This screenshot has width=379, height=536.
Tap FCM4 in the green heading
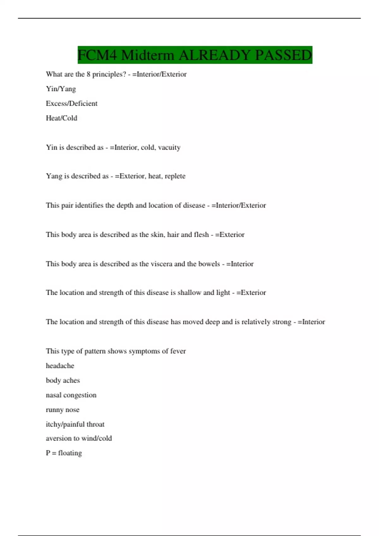coord(97,55)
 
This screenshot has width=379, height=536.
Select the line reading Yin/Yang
coord(61,89)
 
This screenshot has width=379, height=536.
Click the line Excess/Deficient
coord(72,103)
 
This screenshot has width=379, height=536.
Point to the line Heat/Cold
coord(62,118)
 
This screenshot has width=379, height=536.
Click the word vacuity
coord(169,148)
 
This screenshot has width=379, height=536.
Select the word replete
coord(175,176)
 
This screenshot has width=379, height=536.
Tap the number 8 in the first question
coord(88,74)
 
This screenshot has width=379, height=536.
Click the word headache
coord(60,366)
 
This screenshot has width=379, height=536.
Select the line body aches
coord(63,381)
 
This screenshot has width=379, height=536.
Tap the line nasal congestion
coord(71,395)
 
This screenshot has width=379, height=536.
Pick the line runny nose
coord(63,410)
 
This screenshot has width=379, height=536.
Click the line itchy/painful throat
coord(75,424)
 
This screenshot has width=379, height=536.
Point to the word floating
coord(70,453)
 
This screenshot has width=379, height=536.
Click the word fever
coord(178,351)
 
